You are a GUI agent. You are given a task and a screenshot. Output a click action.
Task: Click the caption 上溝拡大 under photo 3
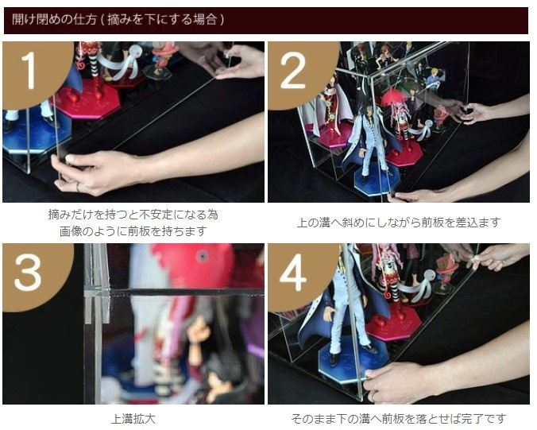[x=133, y=419]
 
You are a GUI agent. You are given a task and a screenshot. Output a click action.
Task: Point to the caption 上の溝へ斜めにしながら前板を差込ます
[x=399, y=223]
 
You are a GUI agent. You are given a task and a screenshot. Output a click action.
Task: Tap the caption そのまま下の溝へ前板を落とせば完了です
[x=399, y=419]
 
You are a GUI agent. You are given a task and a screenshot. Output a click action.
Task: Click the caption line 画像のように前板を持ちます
[x=133, y=231]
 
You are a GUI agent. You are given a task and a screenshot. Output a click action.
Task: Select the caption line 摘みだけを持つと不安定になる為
[x=133, y=215]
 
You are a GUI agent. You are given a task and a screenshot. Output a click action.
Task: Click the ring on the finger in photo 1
[x=78, y=188]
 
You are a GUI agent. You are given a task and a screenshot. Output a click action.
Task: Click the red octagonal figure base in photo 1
[x=87, y=99]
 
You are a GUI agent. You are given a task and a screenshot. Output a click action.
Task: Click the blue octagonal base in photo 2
[x=377, y=180]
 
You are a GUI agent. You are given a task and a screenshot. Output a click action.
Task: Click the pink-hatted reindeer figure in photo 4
[x=445, y=274]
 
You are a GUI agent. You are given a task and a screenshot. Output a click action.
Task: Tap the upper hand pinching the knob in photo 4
[x=493, y=257]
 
